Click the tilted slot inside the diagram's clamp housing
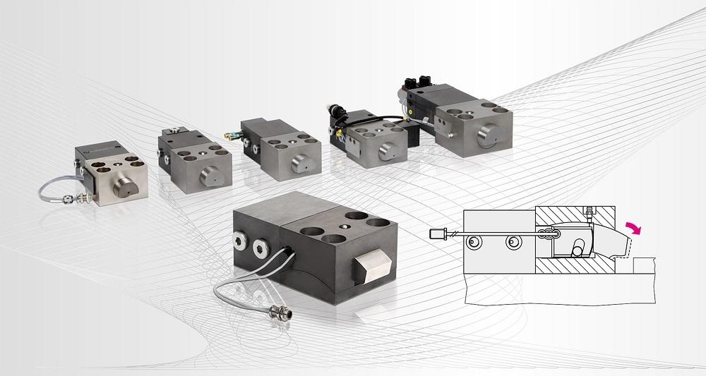pos(581,248)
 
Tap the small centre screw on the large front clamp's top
pos(342,226)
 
